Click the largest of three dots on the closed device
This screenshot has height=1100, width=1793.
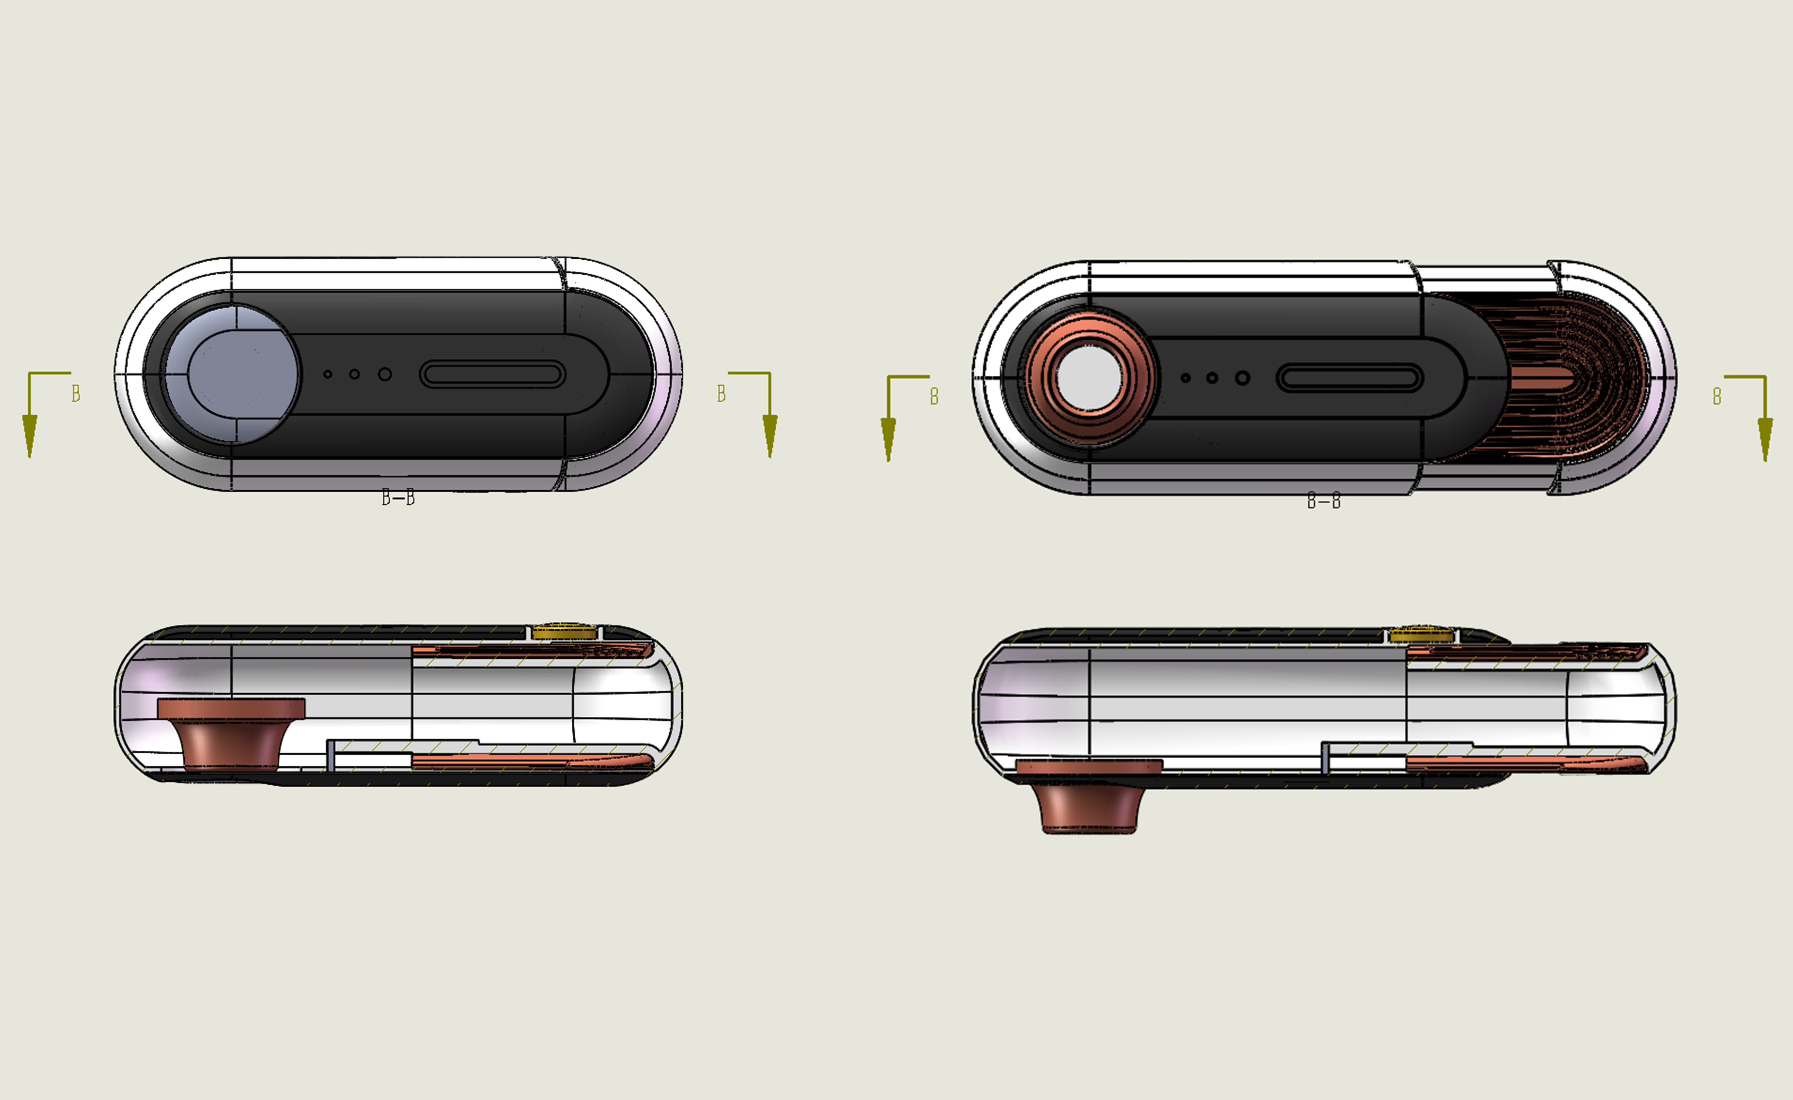[385, 374]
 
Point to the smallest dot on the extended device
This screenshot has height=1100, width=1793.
[1185, 378]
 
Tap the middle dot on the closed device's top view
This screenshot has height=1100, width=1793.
[355, 374]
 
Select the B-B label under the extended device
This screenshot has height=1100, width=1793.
[1324, 501]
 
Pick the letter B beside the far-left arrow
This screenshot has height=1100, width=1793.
[76, 394]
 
